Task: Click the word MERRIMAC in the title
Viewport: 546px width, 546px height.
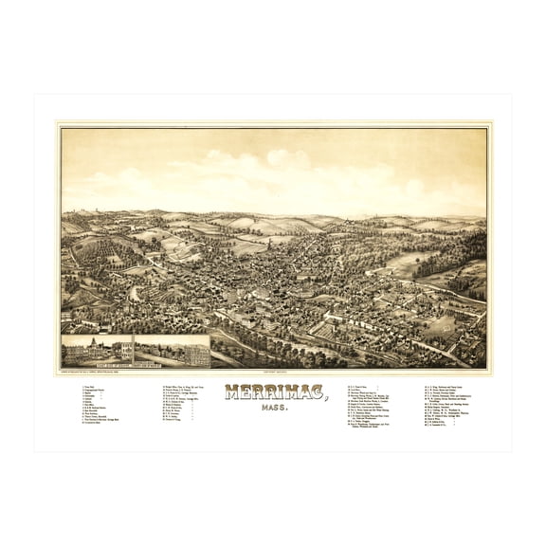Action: [x=273, y=391]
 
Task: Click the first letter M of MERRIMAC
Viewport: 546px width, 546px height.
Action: [x=231, y=391]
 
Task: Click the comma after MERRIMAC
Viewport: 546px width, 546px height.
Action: [x=326, y=396]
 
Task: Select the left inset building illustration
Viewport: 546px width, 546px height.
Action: [x=98, y=351]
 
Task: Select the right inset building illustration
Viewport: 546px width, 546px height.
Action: [x=172, y=351]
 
